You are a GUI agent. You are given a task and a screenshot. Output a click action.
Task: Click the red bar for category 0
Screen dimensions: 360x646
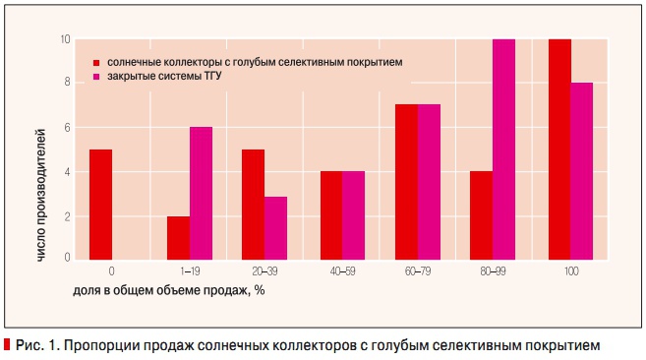tap(100, 204)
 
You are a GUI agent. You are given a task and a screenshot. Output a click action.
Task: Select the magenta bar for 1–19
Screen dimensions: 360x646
tap(202, 193)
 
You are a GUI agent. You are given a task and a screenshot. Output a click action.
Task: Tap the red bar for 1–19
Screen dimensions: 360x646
tap(178, 237)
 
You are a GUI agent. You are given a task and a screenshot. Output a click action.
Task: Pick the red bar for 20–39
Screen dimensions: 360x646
tap(254, 204)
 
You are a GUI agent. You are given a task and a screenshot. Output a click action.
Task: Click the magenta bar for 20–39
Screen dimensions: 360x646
tap(276, 227)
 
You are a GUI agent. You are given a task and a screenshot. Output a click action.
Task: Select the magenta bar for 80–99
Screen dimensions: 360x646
tap(504, 149)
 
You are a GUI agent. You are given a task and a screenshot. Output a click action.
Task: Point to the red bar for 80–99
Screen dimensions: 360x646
tap(481, 214)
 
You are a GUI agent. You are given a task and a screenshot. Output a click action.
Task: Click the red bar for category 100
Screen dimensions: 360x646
tap(558, 149)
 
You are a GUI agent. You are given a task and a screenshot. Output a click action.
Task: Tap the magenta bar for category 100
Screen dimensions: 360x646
tap(581, 170)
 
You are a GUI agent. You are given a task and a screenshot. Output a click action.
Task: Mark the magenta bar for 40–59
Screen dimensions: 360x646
tap(353, 214)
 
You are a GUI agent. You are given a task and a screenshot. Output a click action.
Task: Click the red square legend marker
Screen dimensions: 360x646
tap(97, 62)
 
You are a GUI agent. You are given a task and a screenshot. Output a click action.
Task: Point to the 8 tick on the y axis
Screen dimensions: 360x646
tap(68, 83)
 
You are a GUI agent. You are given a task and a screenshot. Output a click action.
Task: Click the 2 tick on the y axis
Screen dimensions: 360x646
tap(68, 216)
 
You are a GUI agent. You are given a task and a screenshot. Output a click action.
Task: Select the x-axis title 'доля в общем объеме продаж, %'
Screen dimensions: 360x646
tap(168, 290)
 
